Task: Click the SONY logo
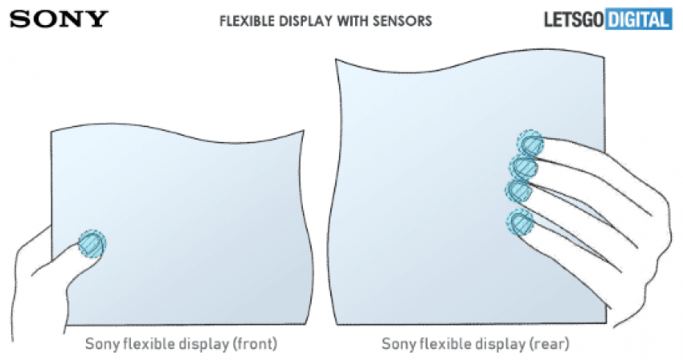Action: pos(59,19)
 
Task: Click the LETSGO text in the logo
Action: pos(574,20)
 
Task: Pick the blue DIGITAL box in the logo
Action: pos(639,19)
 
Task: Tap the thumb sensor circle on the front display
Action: pos(92,243)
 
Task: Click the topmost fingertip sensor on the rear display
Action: pos(531,144)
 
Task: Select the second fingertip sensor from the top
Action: pos(524,167)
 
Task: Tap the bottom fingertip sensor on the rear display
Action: pos(520,223)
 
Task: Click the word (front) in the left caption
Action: pos(256,344)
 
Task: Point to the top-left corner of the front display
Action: pos(51,131)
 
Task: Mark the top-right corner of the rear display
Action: pos(604,57)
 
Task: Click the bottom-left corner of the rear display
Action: pos(338,324)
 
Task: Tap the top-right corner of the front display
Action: pos(303,130)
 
